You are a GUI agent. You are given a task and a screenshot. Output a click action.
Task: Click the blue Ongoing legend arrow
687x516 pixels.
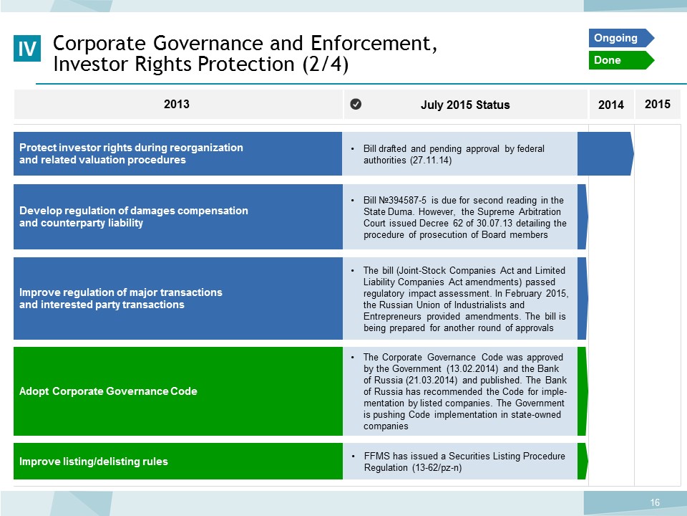pos(621,38)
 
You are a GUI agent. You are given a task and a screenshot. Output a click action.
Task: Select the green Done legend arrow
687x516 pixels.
pos(621,60)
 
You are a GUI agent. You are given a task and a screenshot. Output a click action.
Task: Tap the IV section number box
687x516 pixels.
pos(27,48)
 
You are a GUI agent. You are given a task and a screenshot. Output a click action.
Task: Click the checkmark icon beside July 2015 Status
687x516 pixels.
pos(356,104)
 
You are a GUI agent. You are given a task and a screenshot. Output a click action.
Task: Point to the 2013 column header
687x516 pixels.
pos(177,104)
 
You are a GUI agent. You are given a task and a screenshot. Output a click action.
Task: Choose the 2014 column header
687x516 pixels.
pos(611,105)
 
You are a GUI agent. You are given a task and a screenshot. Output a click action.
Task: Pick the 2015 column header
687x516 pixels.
pos(658,104)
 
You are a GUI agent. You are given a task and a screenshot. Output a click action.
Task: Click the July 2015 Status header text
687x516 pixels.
pos(465,105)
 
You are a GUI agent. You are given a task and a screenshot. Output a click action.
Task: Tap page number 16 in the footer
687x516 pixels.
pos(655,503)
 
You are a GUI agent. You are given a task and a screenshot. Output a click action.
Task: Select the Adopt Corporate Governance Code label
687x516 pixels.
pos(108,391)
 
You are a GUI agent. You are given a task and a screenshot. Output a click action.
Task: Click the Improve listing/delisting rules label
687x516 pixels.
pos(94,461)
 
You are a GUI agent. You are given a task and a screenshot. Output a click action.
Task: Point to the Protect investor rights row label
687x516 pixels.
pos(131,153)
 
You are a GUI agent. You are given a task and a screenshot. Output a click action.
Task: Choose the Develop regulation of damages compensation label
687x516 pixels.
pos(134,216)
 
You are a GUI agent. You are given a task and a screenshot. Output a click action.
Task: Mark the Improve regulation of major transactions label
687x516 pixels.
pos(121,298)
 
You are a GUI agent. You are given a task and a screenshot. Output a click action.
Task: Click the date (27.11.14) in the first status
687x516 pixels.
pos(431,160)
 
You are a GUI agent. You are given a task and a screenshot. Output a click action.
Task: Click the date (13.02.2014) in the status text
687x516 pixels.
pos(473,368)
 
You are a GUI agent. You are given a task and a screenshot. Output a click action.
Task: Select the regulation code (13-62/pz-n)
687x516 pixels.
pos(437,468)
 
